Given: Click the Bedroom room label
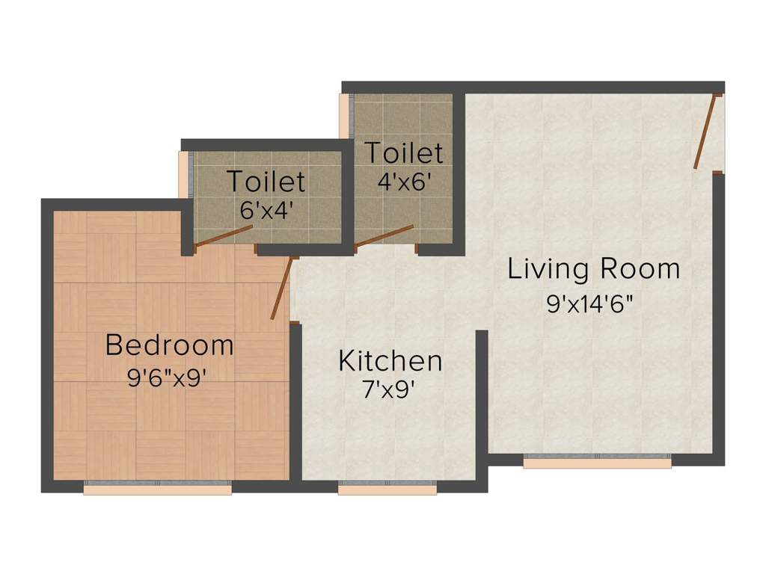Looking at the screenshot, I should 170,345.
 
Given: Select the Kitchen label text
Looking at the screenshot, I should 390,361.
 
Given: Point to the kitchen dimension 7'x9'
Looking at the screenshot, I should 389,390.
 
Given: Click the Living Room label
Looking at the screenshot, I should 594,269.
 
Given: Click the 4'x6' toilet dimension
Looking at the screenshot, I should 404,182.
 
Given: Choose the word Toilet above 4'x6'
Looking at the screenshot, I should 404,152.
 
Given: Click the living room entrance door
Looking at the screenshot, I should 706,132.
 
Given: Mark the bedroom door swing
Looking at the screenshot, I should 282,288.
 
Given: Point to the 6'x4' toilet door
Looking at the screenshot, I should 224,235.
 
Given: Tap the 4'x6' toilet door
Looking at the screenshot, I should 384,235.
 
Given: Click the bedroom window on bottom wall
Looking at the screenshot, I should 157,488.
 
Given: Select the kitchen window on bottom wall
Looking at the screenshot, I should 387,488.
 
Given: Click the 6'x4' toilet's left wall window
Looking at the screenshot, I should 183,175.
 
